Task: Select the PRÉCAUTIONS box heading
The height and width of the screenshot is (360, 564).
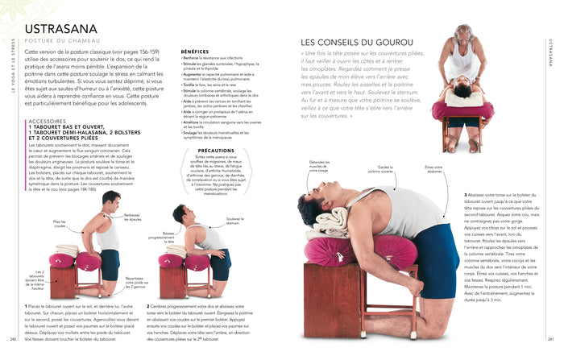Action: pyautogui.click(x=216, y=150)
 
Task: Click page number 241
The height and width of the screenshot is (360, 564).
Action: pyautogui.click(x=550, y=338)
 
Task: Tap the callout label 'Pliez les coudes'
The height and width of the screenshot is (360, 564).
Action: pyautogui.click(x=60, y=223)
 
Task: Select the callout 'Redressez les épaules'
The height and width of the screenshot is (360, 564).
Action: pyautogui.click(x=132, y=217)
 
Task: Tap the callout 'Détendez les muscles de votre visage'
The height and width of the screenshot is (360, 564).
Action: pyautogui.click(x=320, y=167)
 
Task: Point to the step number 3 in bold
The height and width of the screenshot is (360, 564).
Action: pyautogui.click(x=465, y=194)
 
